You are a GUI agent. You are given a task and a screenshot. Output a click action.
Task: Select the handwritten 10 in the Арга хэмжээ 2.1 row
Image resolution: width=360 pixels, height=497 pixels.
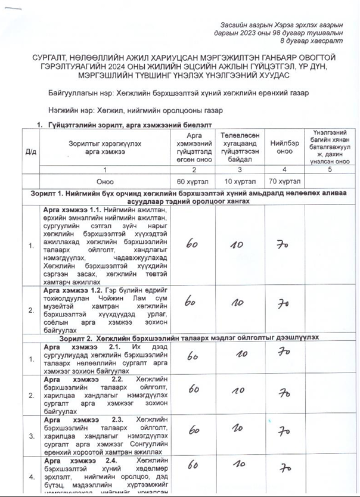click(241, 354)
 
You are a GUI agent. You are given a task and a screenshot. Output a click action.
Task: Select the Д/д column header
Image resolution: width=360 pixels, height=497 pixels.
click(30, 152)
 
